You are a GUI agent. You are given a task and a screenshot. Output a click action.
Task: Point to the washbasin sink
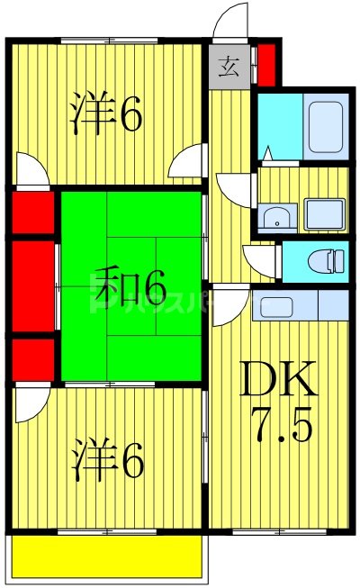[x=278, y=215]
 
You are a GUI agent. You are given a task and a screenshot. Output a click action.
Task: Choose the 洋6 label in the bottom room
[x=106, y=461]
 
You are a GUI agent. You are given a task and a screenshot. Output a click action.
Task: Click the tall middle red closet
[x=34, y=285]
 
